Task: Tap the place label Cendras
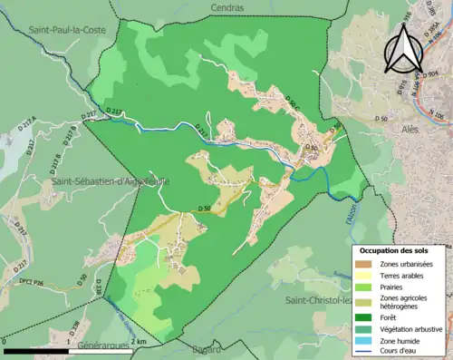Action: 225,7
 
